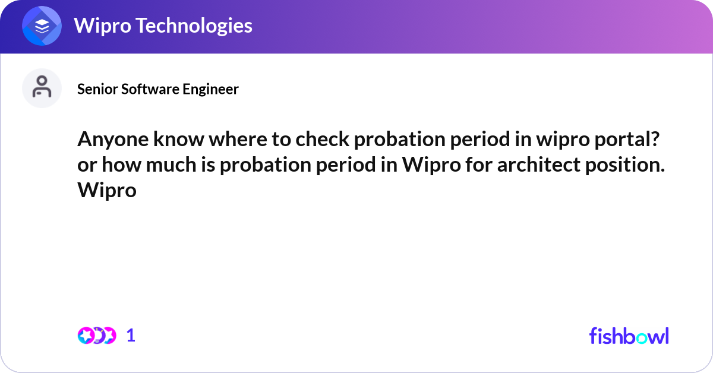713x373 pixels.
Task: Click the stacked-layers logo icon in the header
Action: point(42,26)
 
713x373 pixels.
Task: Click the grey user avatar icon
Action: point(42,88)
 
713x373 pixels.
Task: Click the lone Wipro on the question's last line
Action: point(107,191)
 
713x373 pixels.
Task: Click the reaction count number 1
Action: point(131,336)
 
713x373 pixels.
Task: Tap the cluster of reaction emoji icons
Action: point(97,336)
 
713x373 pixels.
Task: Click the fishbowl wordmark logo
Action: point(629,336)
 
